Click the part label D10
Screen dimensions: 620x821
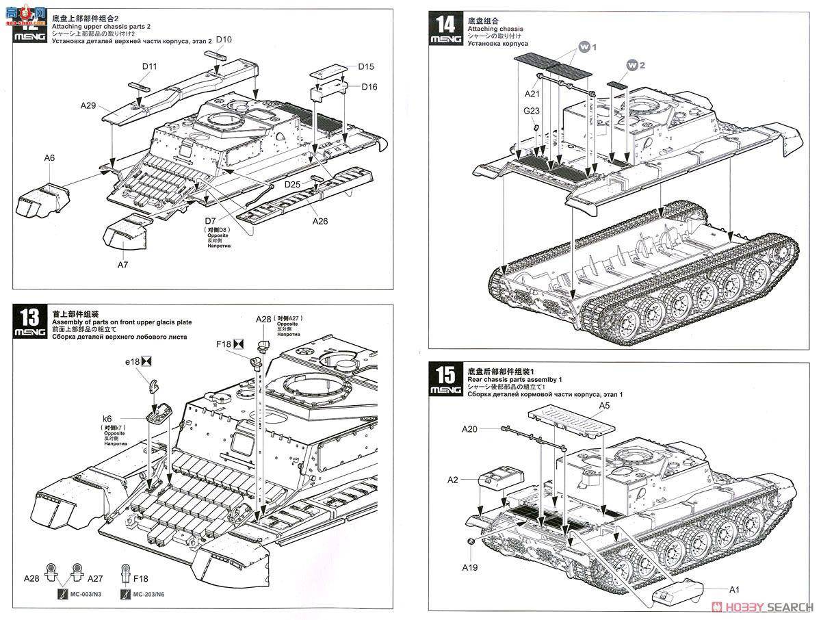pos(224,40)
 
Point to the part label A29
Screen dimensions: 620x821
pos(88,105)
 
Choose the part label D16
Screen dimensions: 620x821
pos(369,86)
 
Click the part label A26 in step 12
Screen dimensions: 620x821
pos(320,221)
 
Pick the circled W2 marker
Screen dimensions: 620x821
pos(636,64)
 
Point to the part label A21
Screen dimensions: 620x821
pos(532,93)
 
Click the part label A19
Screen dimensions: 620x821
pos(469,567)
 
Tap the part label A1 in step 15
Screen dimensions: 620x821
pos(734,589)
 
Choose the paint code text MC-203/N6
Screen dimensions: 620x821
pos(150,594)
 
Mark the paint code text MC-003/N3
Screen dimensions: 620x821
pos(85,594)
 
